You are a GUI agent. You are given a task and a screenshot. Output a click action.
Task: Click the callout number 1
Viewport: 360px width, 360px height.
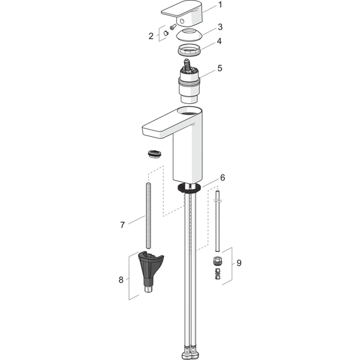click(x=220, y=5)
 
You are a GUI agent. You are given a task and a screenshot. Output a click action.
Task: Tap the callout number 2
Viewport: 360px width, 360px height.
click(x=151, y=36)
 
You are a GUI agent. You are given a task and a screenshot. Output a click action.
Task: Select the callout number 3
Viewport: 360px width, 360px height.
click(x=220, y=27)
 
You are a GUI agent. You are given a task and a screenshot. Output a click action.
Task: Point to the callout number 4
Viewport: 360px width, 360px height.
click(x=219, y=41)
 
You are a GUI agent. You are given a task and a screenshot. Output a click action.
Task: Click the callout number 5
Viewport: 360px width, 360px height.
click(x=220, y=68)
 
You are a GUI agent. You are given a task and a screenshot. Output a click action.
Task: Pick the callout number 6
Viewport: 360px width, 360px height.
click(x=223, y=178)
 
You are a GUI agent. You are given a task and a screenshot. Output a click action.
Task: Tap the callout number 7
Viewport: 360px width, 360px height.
click(x=122, y=225)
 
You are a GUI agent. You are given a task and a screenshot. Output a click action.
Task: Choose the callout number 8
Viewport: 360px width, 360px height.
click(x=121, y=280)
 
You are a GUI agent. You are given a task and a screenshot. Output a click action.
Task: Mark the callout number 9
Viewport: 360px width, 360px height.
click(x=239, y=263)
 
